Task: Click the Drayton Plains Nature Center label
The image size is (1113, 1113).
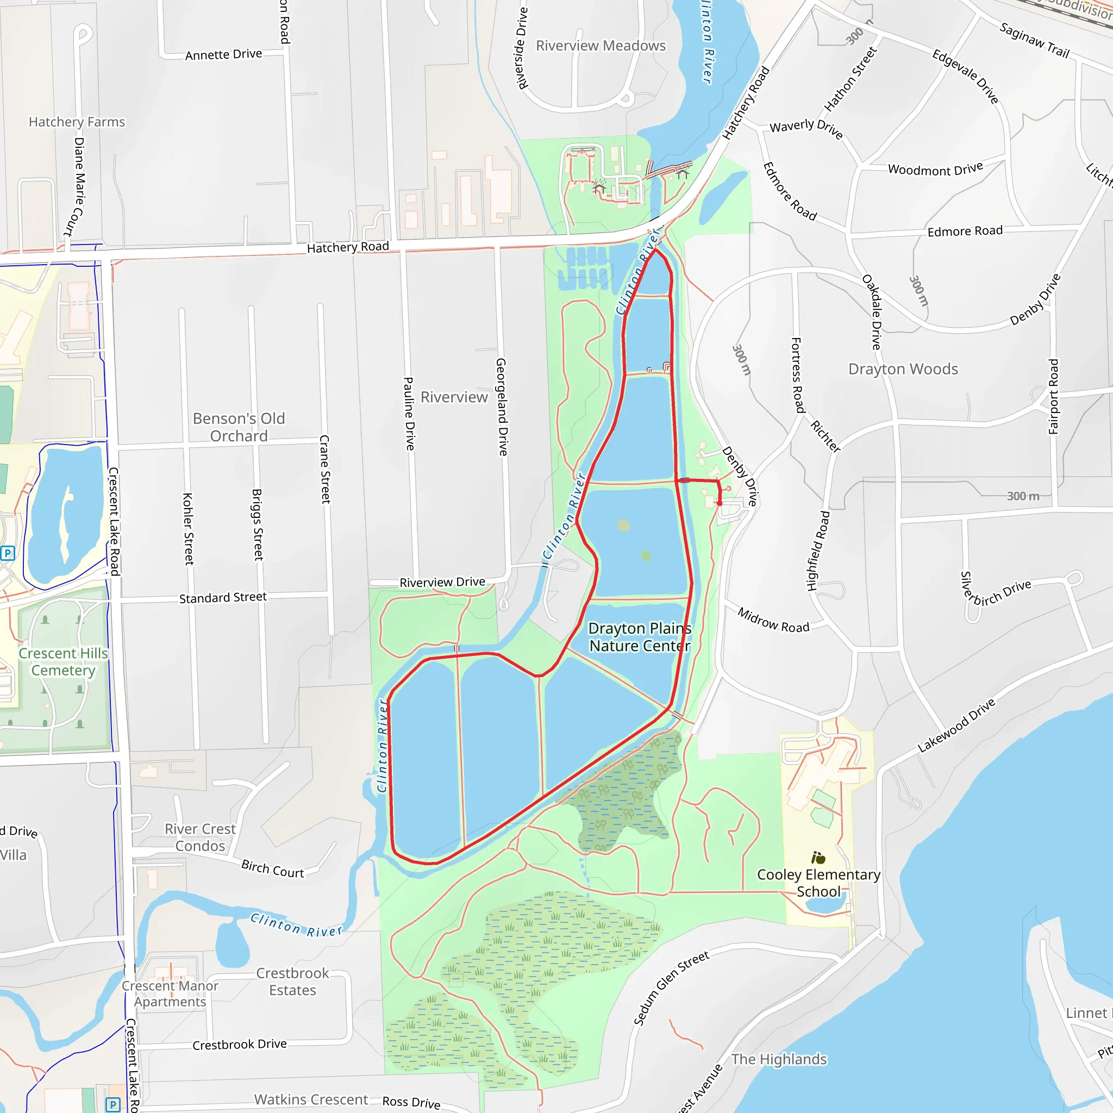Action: click(x=640, y=637)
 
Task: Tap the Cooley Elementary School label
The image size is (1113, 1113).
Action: click(x=818, y=883)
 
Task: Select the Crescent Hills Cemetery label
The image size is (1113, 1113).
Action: click(x=64, y=662)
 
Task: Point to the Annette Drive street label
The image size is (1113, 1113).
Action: click(x=223, y=55)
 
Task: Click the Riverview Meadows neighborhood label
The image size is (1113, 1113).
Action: click(x=601, y=46)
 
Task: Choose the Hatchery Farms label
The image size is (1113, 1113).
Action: click(x=77, y=122)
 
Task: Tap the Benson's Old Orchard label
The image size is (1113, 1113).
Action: click(x=239, y=427)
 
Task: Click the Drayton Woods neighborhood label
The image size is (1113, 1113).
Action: click(x=903, y=369)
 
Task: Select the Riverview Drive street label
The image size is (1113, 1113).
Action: click(x=442, y=583)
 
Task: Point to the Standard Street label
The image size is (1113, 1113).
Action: click(x=223, y=598)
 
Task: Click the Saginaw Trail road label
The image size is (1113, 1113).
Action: click(x=1034, y=40)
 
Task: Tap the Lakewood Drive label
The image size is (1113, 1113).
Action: click(x=956, y=726)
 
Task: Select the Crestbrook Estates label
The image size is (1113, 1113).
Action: click(x=293, y=981)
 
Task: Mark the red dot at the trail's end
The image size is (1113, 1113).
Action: click(x=720, y=503)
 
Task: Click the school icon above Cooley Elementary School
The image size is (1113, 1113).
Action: click(x=818, y=858)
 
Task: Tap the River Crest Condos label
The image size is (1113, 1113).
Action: click(x=200, y=837)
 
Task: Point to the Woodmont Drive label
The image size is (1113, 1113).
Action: click(x=935, y=170)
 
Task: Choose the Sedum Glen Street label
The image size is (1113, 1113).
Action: click(x=671, y=989)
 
